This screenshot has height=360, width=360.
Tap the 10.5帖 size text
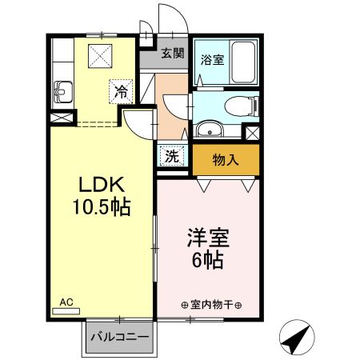[x=102, y=206]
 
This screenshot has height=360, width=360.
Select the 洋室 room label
[x=207, y=238]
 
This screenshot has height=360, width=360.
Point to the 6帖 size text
[x=207, y=259]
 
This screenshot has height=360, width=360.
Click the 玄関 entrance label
[x=172, y=54]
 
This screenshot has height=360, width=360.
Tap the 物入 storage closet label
[x=226, y=159]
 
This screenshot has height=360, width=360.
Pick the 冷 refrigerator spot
[x=121, y=91]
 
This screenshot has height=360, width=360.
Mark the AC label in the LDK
[x=66, y=302]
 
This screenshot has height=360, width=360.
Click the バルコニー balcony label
[x=118, y=338]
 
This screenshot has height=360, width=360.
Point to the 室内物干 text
[x=211, y=305]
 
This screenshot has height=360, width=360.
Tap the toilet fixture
[x=239, y=106]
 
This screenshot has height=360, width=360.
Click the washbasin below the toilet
[x=209, y=130]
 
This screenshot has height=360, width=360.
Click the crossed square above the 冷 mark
[x=100, y=56]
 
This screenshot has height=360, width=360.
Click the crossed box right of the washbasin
[x=252, y=134]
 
